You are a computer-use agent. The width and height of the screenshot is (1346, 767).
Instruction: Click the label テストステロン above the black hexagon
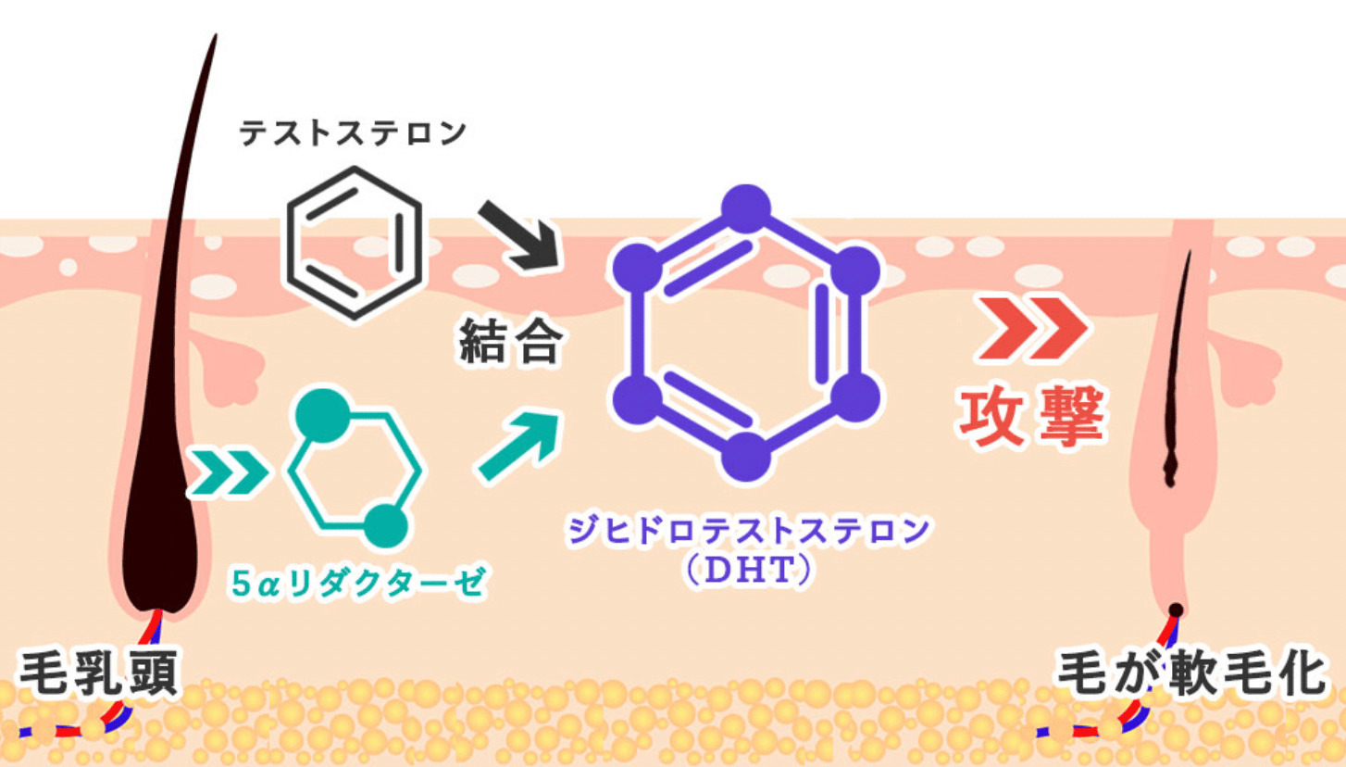(x=353, y=132)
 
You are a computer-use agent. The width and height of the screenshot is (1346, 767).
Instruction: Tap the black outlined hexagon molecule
(x=354, y=243)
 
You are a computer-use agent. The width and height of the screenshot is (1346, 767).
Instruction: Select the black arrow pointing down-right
(x=519, y=236)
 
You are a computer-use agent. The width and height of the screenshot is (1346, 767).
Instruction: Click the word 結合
(x=511, y=341)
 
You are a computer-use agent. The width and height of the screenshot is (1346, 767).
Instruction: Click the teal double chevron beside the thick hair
(x=228, y=472)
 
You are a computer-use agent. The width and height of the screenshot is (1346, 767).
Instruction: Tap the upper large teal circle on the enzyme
(x=323, y=416)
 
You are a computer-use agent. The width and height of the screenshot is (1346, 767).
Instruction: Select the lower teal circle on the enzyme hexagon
(x=386, y=526)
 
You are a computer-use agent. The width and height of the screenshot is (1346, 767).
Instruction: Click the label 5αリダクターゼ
(x=358, y=583)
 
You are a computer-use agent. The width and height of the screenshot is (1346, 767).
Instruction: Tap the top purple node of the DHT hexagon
(x=746, y=208)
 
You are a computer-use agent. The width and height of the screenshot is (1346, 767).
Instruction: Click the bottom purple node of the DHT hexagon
(x=746, y=457)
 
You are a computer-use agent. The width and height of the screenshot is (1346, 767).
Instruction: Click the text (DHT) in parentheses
(x=748, y=570)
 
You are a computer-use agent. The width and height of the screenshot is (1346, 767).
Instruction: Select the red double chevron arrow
(x=1032, y=328)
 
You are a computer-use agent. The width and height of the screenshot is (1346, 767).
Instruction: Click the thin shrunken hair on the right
(x=1177, y=368)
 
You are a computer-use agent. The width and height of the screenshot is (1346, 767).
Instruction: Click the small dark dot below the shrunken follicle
(x=1176, y=610)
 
